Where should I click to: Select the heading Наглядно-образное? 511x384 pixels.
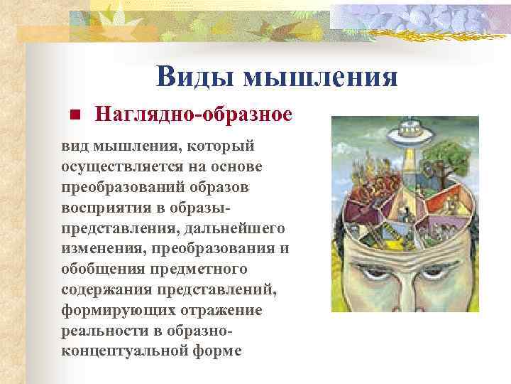click(x=194, y=114)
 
